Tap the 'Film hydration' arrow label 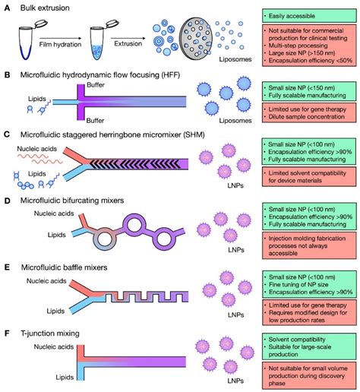61,46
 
